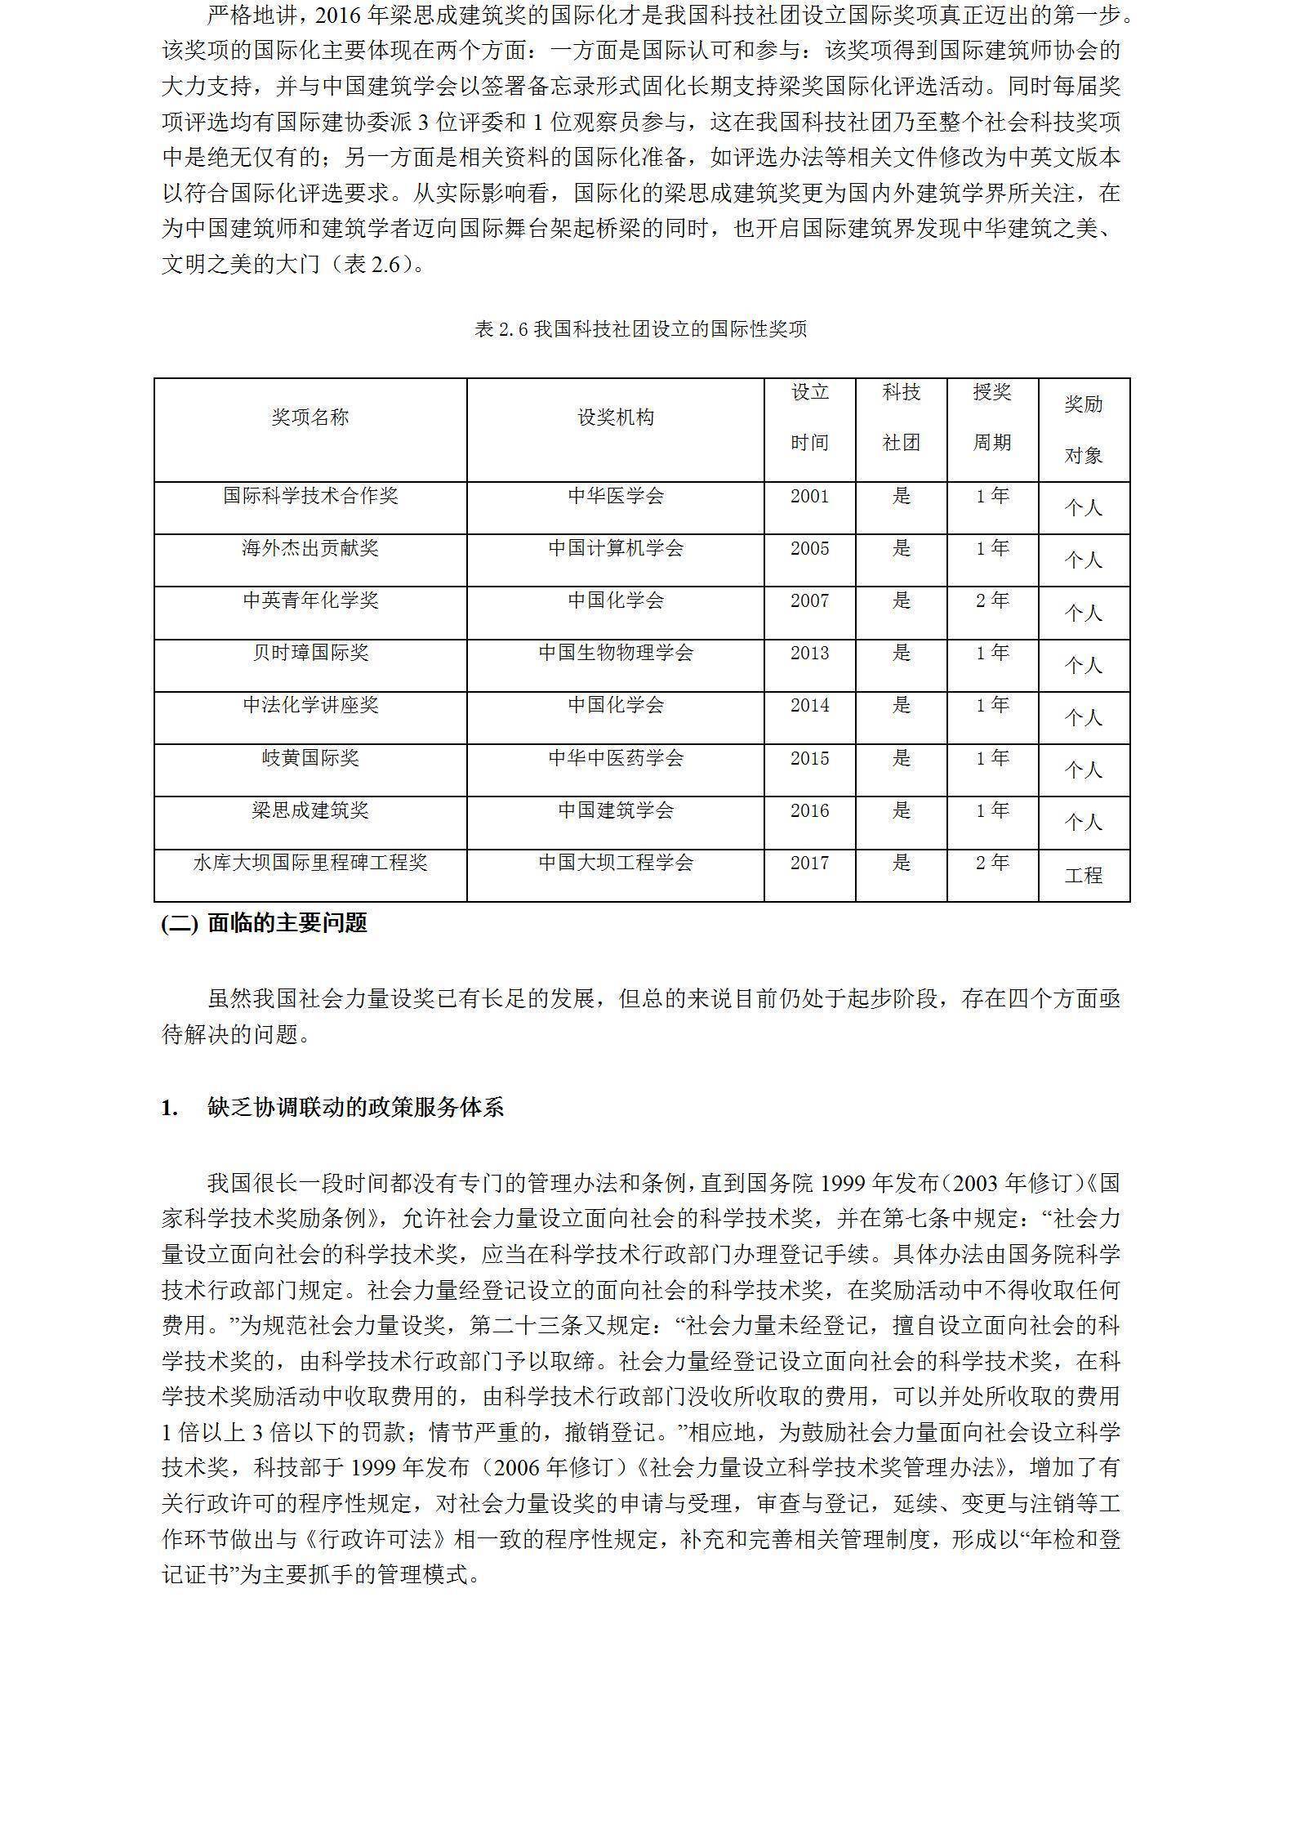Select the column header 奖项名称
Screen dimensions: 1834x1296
[310, 417]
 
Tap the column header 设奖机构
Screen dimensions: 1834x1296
[616, 417]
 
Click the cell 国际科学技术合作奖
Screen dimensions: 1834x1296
[310, 496]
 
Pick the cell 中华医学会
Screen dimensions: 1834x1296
[616, 496]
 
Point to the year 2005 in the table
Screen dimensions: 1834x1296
[809, 548]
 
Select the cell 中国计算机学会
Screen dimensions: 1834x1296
[616, 548]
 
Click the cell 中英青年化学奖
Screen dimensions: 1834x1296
[310, 600]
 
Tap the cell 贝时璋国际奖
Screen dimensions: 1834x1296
[310, 653]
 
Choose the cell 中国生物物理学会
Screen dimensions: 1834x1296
[616, 653]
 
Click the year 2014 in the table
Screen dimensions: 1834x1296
[809, 705]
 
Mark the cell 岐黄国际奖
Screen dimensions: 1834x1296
[310, 758]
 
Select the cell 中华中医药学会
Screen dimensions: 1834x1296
[616, 758]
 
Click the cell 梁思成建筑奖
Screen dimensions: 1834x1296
[310, 810]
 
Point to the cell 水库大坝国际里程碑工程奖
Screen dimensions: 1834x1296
[310, 863]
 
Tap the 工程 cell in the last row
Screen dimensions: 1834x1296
[1084, 876]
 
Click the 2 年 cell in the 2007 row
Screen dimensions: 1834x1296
[992, 600]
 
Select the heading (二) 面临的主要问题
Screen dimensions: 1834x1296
[265, 923]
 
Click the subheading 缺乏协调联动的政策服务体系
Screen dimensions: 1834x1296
[356, 1108]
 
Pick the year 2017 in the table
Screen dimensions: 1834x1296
[809, 863]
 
